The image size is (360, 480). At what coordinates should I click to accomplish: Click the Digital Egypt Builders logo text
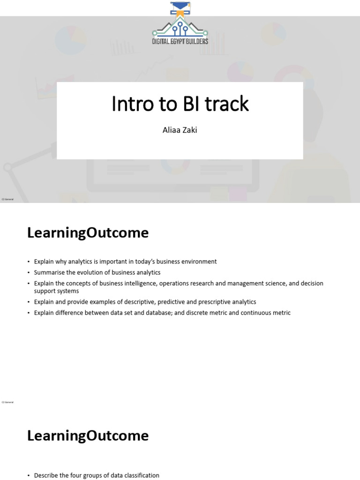180,41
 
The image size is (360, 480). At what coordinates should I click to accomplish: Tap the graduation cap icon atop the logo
180,7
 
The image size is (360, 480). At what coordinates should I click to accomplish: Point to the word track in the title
226,104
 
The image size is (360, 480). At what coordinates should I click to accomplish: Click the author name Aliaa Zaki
180,130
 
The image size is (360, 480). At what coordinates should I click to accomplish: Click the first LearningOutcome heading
88,233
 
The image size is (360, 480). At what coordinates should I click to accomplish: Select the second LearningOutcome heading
88,436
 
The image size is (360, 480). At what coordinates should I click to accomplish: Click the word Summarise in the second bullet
48,272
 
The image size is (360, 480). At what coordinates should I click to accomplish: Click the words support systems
56,291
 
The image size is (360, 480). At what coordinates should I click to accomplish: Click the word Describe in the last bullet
47,475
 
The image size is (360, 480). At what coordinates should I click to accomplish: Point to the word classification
139,475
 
